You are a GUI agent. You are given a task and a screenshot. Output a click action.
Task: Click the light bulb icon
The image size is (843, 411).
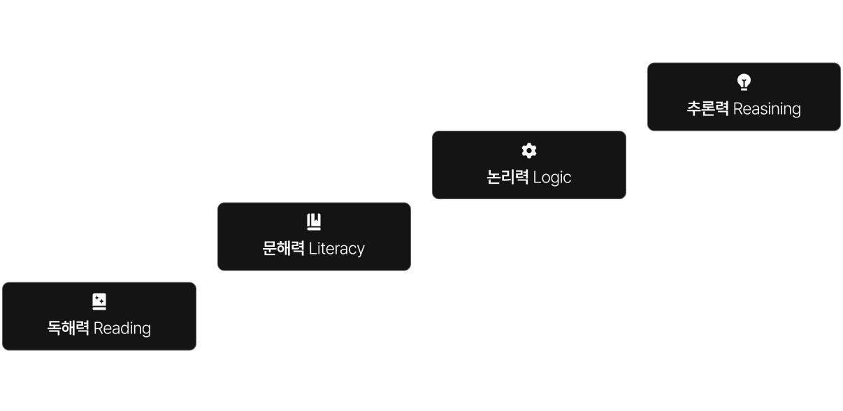tap(744, 82)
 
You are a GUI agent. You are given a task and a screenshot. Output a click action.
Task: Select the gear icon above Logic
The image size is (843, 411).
tap(529, 150)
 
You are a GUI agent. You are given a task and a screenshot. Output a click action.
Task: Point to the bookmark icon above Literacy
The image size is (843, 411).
tap(314, 222)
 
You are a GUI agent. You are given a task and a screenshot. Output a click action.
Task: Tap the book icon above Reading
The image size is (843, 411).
tap(99, 302)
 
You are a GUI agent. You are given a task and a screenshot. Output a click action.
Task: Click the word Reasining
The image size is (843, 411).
tap(767, 109)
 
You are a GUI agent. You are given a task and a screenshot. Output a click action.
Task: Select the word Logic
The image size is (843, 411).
tap(552, 178)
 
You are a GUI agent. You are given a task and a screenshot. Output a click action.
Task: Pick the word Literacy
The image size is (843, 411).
tap(337, 249)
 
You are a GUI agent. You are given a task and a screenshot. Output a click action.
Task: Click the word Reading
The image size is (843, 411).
tap(122, 329)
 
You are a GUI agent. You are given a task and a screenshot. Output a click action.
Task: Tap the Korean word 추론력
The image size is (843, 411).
tap(708, 109)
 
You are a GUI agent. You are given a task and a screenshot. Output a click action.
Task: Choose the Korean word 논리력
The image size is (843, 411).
tap(507, 178)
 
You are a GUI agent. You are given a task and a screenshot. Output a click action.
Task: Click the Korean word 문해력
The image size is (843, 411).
tap(284, 249)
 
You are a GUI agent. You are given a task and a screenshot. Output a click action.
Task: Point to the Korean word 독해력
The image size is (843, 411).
tap(69, 329)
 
